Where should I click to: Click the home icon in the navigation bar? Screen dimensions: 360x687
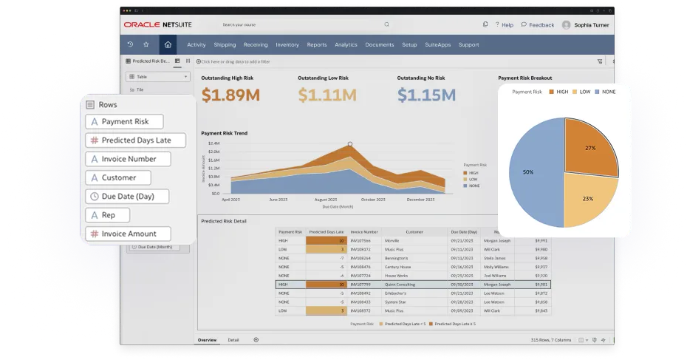click(x=168, y=44)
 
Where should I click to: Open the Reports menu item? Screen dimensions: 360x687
click(x=316, y=45)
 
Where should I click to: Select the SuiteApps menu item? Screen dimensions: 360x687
click(x=437, y=45)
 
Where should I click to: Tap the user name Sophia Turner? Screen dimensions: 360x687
click(x=592, y=24)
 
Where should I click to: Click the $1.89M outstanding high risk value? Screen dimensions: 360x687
click(x=230, y=95)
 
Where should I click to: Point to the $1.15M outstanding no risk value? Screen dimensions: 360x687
click(x=426, y=95)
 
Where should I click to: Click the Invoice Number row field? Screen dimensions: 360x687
click(x=127, y=159)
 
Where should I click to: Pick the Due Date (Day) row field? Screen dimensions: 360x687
click(x=126, y=197)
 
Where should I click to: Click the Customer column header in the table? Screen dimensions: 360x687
click(x=414, y=231)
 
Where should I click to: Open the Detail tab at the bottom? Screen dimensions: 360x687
click(x=233, y=340)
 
